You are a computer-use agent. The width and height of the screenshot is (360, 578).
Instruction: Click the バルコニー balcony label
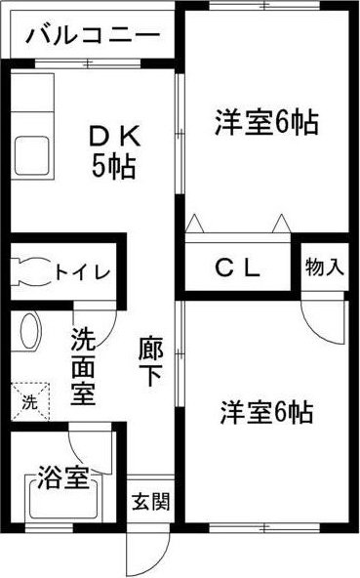[x=93, y=36]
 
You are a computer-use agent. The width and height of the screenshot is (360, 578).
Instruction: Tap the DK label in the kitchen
[x=115, y=136]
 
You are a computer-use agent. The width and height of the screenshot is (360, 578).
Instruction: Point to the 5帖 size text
[x=114, y=166]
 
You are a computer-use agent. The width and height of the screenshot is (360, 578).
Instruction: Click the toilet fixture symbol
[x=31, y=271]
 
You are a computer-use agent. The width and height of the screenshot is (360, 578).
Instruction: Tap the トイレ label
[x=83, y=272]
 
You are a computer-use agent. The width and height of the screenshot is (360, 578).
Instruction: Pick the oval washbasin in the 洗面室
[x=30, y=331]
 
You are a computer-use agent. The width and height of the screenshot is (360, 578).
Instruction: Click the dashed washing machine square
[x=30, y=401]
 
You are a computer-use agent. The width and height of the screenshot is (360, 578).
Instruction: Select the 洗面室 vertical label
[x=83, y=366]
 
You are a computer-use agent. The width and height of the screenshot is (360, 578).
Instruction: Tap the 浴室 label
[x=63, y=477]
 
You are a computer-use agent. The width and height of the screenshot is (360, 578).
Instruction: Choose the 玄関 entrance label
[x=151, y=501]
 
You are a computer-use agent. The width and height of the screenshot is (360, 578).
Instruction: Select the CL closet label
[x=238, y=268]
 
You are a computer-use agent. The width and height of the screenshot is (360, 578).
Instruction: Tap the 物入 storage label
[x=324, y=267]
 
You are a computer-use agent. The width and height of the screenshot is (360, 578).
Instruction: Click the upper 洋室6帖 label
[x=266, y=122]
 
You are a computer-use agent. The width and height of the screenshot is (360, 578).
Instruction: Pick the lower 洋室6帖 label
[x=267, y=412]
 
